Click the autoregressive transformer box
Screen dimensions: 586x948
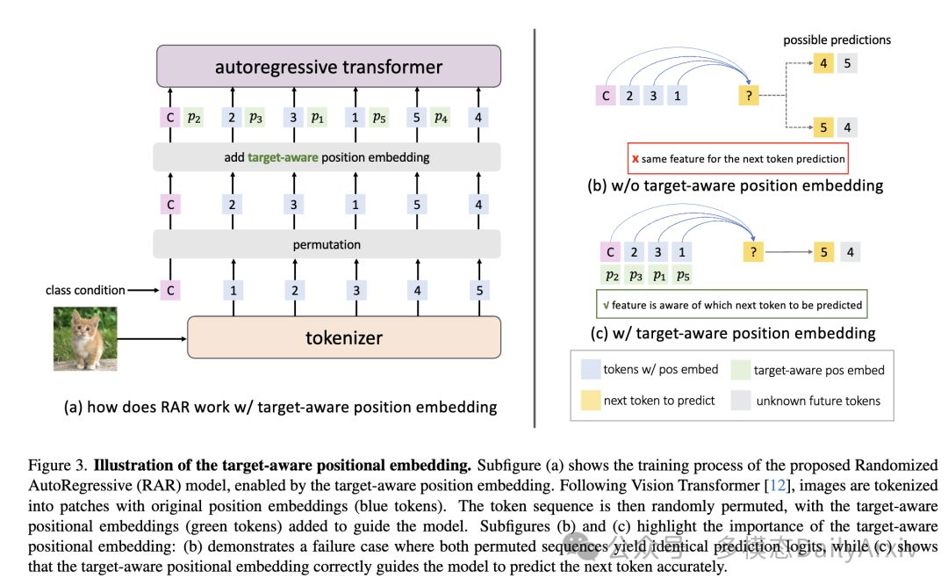click(x=328, y=67)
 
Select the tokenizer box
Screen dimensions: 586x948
click(x=344, y=337)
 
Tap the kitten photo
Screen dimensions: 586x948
click(x=85, y=338)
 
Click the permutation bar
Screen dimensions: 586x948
click(x=327, y=244)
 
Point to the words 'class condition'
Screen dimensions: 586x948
click(x=85, y=290)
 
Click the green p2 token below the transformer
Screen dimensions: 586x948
click(x=195, y=118)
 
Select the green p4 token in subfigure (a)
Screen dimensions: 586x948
click(x=440, y=118)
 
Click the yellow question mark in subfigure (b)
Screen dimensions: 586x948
click(x=749, y=95)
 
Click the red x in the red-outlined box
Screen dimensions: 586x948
click(x=635, y=159)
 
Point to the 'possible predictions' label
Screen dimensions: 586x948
click(x=837, y=40)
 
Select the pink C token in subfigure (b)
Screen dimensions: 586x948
click(x=606, y=95)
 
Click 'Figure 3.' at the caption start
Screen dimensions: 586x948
click(x=57, y=465)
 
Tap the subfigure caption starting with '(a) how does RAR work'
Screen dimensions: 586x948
click(x=280, y=407)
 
